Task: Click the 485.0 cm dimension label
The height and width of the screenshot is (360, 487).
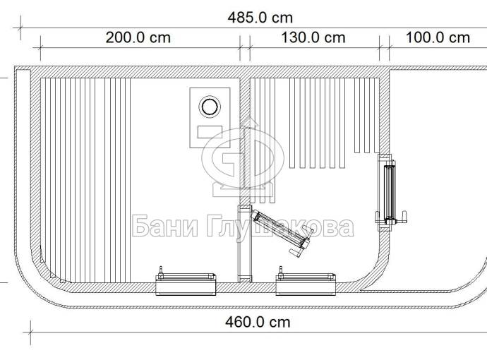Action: pyautogui.click(x=260, y=18)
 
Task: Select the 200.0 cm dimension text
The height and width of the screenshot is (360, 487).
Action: pyautogui.click(x=138, y=38)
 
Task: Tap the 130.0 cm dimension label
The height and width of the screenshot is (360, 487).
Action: pyautogui.click(x=313, y=38)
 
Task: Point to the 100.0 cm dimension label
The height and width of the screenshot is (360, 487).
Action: pyautogui.click(x=438, y=38)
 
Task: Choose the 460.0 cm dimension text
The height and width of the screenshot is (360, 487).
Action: pyautogui.click(x=258, y=322)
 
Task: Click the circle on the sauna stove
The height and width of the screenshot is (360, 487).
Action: pyautogui.click(x=210, y=107)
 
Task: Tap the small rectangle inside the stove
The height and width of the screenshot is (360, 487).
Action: pyautogui.click(x=210, y=132)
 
